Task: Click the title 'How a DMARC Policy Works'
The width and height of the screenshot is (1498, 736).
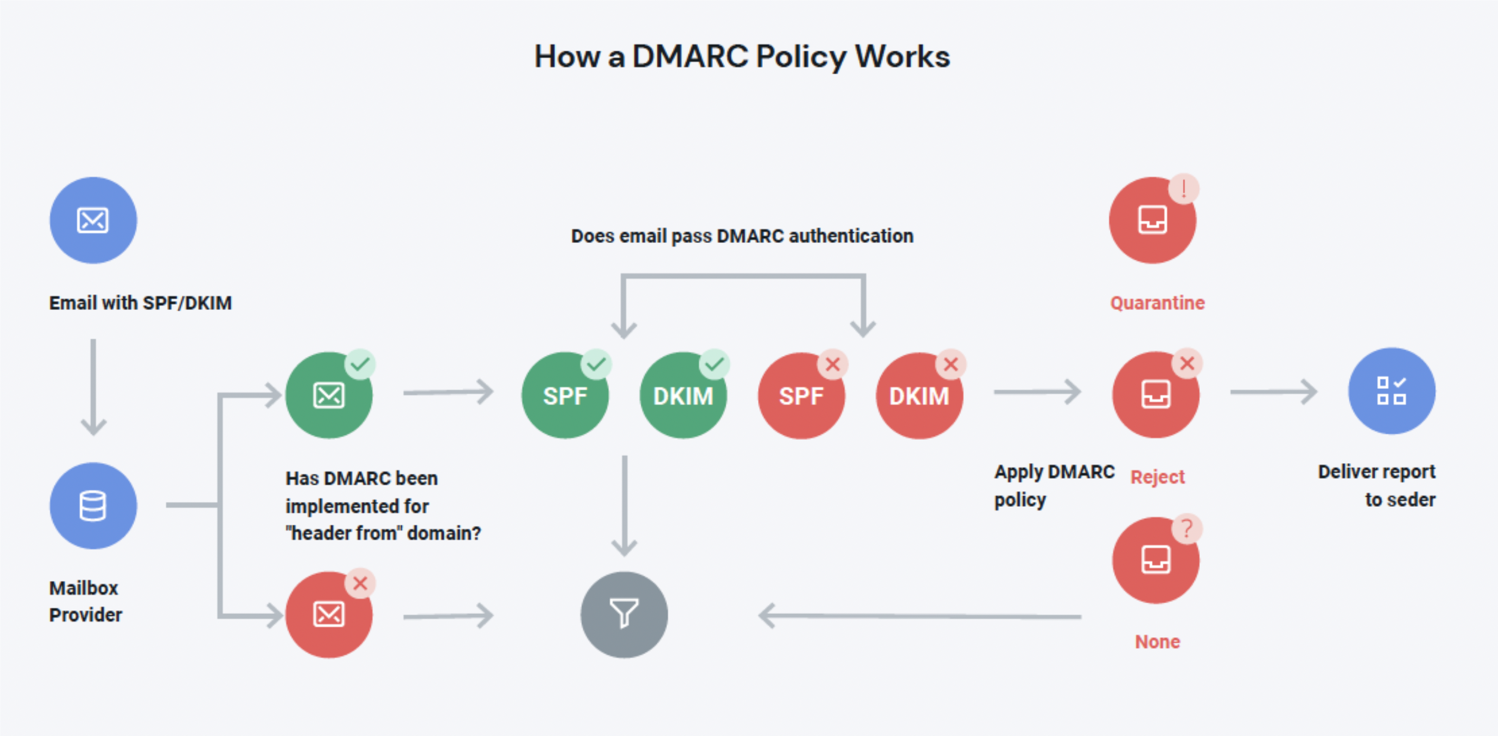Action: [x=742, y=57]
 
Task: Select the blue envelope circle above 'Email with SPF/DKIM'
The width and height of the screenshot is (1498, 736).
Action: [x=93, y=220]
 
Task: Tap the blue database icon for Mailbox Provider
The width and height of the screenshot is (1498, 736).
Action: [x=93, y=506]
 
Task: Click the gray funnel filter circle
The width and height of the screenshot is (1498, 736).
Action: [x=624, y=615]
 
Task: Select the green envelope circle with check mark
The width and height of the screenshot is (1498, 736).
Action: [x=329, y=396]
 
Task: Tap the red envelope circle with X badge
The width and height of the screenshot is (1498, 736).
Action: [x=329, y=615]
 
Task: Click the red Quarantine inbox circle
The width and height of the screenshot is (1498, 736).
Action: [x=1152, y=220]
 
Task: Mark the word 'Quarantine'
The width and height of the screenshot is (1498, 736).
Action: [x=1157, y=303]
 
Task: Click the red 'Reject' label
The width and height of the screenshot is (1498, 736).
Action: [x=1157, y=477]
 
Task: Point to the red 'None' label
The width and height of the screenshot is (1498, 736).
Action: [x=1157, y=641]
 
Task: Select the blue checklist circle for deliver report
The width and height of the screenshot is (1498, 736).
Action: [x=1391, y=391]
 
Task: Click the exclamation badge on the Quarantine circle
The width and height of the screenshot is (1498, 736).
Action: [x=1183, y=189]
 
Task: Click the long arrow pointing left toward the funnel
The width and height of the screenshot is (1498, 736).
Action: [x=919, y=615]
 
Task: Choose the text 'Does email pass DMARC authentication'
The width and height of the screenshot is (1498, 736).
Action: [x=742, y=236]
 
